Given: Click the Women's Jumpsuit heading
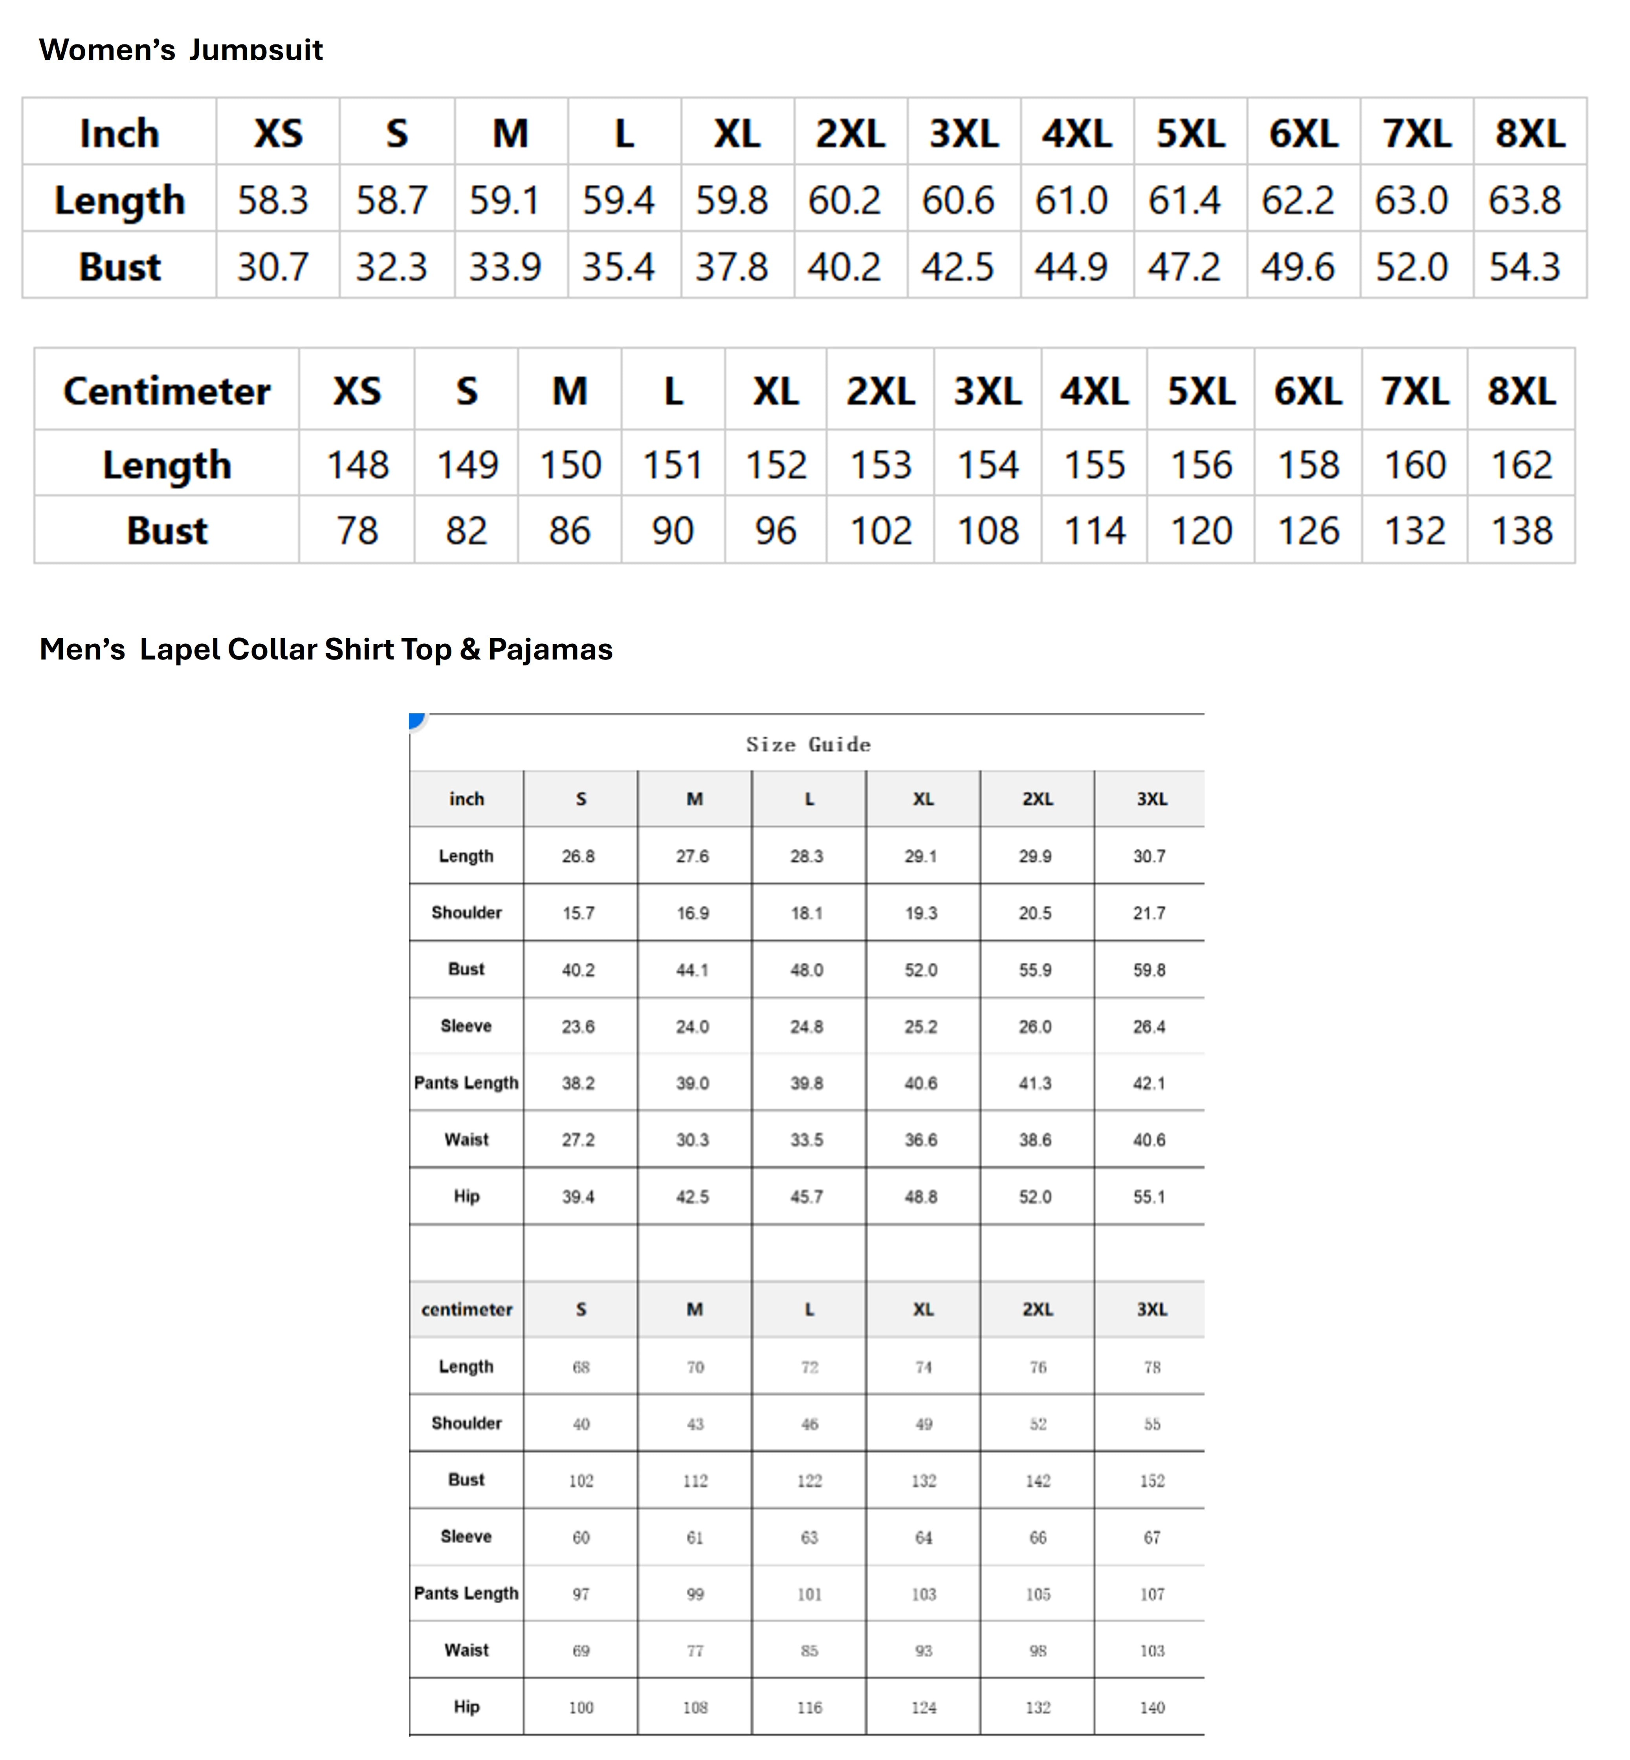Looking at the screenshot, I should (181, 50).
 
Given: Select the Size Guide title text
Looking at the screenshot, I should (808, 744).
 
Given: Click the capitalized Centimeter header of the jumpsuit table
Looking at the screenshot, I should (167, 391).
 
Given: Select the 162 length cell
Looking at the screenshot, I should (1522, 465).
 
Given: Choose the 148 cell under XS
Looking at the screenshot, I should (357, 465).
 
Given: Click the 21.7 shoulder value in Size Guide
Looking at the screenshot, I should (1149, 913).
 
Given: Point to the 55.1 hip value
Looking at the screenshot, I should (1149, 1197).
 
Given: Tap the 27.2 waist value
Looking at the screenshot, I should (579, 1140).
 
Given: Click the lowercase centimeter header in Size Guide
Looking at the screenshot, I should (467, 1310).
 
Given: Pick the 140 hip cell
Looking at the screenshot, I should (1152, 1708).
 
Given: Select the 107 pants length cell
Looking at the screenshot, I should (1152, 1594).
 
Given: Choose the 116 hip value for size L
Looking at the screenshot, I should (809, 1708).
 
